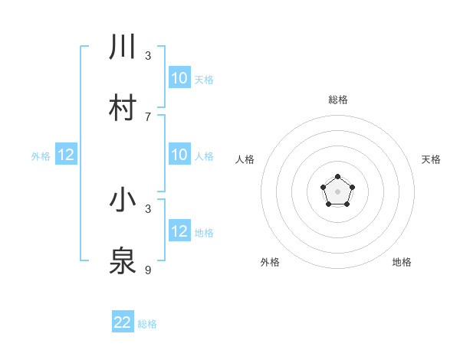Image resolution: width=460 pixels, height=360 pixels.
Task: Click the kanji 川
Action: point(123,47)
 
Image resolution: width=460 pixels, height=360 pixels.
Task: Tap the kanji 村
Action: point(123,107)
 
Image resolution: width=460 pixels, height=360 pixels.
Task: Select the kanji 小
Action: point(123,200)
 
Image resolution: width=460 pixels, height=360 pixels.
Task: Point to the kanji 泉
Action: point(123,260)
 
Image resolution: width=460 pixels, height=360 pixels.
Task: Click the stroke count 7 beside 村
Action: point(148,116)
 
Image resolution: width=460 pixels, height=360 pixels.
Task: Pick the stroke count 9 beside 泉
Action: point(148,270)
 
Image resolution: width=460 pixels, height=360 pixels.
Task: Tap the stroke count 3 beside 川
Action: point(148,56)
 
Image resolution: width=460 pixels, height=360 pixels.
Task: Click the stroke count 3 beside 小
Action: point(148,208)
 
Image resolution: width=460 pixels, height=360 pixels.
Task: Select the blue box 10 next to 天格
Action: point(179,78)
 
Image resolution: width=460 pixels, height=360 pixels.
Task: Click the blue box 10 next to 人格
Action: point(179,155)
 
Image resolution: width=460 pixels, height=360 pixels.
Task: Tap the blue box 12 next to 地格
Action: point(179,231)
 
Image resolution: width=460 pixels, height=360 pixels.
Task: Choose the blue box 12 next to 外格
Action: point(65,155)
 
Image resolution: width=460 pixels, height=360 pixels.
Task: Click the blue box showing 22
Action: point(123,322)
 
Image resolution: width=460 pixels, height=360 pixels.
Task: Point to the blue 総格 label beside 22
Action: point(147,324)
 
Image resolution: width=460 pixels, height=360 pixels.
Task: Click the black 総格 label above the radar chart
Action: point(337,100)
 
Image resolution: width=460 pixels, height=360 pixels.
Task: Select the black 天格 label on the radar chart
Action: point(431,159)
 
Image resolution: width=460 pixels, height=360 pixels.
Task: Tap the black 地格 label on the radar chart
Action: point(402,262)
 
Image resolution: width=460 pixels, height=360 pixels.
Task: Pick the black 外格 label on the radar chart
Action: point(270,262)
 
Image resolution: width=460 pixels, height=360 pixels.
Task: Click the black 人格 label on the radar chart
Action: point(245,159)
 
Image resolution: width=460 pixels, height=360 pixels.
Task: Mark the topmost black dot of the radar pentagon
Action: point(337,177)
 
